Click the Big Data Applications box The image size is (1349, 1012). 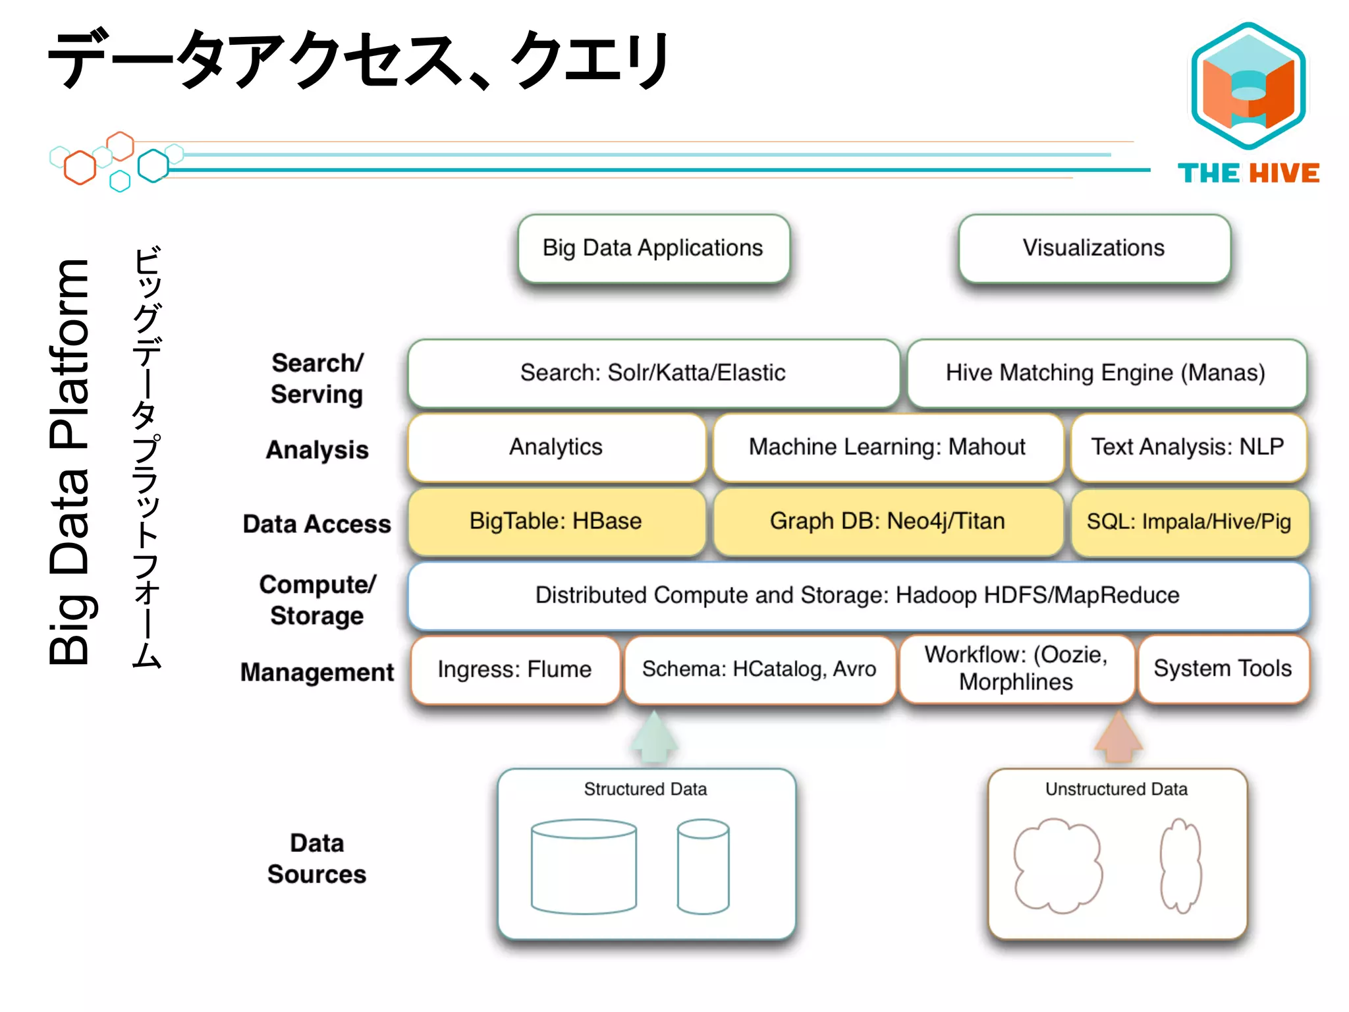click(x=653, y=248)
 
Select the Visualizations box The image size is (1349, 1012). click(x=1094, y=248)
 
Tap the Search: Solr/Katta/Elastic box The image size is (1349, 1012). click(x=653, y=373)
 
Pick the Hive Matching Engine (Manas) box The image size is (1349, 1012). click(x=1106, y=373)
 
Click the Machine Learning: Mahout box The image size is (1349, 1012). click(x=887, y=447)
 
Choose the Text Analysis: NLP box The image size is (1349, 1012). click(x=1188, y=447)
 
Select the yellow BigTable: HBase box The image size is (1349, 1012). click(x=556, y=522)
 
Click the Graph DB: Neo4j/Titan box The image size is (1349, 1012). click(x=887, y=522)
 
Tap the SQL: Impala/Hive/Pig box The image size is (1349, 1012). click(x=1189, y=522)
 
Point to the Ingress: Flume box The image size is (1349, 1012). click(x=514, y=669)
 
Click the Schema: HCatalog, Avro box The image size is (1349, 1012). click(x=759, y=669)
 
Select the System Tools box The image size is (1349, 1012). click(x=1223, y=669)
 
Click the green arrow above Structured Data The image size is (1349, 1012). click(x=653, y=738)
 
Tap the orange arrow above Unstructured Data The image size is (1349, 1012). click(x=1118, y=738)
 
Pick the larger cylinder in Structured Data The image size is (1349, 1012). click(x=584, y=866)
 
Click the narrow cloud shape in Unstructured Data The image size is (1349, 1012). click(x=1180, y=866)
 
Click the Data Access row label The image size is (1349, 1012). click(x=317, y=524)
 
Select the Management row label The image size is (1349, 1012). click(x=317, y=673)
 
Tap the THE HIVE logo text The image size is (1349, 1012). click(x=1248, y=173)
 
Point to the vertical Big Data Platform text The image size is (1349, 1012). click(x=69, y=461)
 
